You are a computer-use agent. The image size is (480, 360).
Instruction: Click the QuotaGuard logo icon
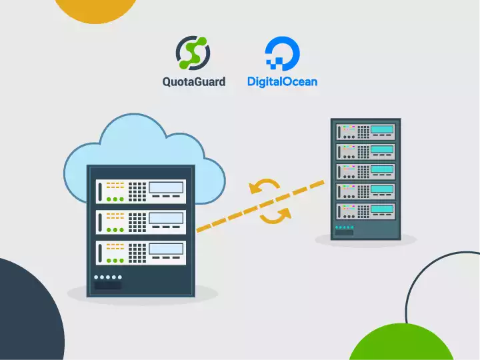pyautogui.click(x=193, y=53)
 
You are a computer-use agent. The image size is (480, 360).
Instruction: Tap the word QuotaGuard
pyautogui.click(x=193, y=82)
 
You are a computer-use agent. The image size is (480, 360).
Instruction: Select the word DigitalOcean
pyautogui.click(x=282, y=82)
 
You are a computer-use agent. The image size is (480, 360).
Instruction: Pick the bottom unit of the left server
pyautogui.click(x=141, y=253)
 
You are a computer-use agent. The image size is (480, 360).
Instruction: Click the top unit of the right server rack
pyautogui.click(x=365, y=130)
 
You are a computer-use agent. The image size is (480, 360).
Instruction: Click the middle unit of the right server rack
pyautogui.click(x=365, y=171)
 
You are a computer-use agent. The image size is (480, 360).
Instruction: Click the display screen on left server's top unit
pyautogui.click(x=166, y=188)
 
